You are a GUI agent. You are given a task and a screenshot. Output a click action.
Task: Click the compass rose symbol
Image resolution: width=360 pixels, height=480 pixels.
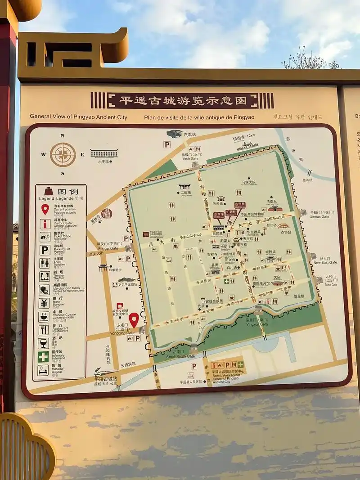(x=63, y=154)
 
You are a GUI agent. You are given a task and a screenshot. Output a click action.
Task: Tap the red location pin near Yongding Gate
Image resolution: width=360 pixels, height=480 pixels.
(x=134, y=320)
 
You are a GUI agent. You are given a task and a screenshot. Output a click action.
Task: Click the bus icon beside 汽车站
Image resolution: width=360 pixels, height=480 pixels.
(x=174, y=134)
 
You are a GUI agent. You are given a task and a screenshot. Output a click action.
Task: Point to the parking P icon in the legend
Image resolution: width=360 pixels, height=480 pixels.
(x=45, y=250)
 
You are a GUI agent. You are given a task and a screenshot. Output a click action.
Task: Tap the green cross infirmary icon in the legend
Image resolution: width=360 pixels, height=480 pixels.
(x=43, y=357)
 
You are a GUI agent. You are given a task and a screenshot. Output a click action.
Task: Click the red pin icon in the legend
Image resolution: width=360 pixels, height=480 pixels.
(x=45, y=209)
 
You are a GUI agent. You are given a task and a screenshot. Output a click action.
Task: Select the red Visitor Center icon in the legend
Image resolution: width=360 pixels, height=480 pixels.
(x=45, y=224)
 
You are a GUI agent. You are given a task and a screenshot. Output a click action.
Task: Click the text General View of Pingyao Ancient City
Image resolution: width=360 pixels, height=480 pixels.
(x=78, y=117)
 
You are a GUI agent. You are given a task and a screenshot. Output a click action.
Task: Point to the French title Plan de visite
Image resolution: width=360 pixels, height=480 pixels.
(x=199, y=117)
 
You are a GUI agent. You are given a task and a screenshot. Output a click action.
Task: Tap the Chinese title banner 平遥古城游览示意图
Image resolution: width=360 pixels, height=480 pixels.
(x=182, y=100)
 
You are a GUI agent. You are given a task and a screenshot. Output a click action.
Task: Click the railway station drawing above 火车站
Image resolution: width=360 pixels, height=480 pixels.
(x=104, y=153)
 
